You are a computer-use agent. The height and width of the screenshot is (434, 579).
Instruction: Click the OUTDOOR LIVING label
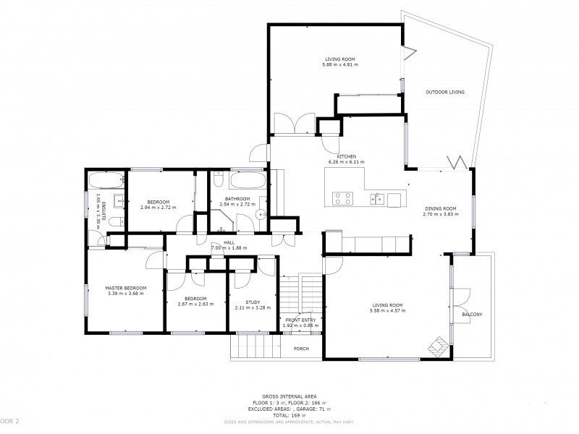pos(445,92)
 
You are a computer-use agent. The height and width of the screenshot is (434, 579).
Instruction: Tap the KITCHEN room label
pos(347,156)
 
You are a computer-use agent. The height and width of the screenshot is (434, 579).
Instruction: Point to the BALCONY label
pos(472,314)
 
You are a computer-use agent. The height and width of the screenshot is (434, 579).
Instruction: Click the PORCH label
pos(301,349)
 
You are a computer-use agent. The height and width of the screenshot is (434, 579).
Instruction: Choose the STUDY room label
pos(253,302)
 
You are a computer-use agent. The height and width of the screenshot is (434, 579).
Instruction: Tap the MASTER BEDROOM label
pos(125,288)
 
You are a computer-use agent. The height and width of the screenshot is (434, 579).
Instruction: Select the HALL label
pos(229,242)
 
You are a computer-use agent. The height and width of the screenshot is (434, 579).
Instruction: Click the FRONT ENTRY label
pos(300,320)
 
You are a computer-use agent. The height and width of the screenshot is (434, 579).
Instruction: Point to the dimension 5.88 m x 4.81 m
pos(340,65)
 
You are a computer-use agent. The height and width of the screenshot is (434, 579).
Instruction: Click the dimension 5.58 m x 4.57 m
pos(387,311)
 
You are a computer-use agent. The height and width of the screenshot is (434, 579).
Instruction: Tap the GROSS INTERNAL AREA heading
pos(289,397)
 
